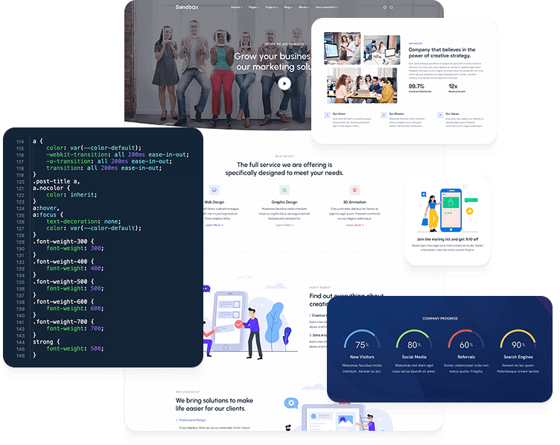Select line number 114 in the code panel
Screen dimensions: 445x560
(20, 142)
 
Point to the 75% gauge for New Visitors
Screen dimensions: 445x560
(362, 344)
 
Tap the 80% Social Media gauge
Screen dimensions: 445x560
(413, 344)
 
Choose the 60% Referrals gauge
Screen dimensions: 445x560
(465, 344)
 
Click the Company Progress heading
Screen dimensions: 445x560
(440, 318)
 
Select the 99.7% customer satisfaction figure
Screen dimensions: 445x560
(416, 86)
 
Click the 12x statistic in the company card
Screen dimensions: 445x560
(453, 86)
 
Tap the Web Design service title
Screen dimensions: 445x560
(214, 202)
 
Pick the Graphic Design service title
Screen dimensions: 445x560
(284, 202)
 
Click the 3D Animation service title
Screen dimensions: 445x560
(354, 202)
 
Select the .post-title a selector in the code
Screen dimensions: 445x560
(58, 183)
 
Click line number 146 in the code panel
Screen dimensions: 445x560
(20, 355)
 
